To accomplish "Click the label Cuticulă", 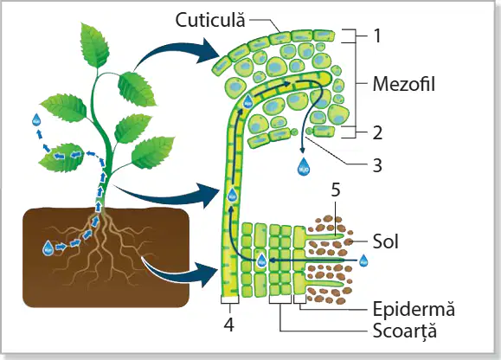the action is coord(210,20).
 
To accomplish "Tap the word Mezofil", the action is coord(404,84).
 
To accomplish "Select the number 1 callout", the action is coord(377,35).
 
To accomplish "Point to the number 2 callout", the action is coord(377,132).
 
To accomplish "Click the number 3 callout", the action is coord(377,165).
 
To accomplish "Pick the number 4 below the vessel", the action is coord(229,325).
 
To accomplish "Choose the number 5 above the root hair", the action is coord(336,190).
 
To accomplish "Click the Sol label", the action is coord(386,241).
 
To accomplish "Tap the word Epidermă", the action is coord(414,309).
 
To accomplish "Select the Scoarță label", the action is coord(405,331).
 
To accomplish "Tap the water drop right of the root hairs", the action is coord(363,260).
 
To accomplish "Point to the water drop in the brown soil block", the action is coord(48,247).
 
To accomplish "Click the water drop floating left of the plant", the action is coord(36,119).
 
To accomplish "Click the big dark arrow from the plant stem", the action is coord(170,195).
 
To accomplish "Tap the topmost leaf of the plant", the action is coord(94,46).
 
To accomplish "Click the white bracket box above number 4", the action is coord(229,299).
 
